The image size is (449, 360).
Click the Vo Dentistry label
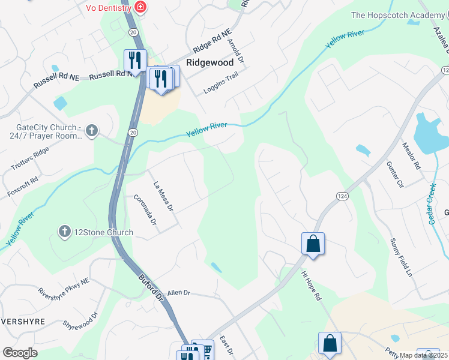pos(108,8)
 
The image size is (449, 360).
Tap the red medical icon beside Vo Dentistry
pos(140,7)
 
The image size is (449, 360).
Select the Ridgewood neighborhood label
pos(209,62)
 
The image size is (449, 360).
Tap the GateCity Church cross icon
pos(91,130)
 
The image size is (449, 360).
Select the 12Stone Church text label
pos(95,232)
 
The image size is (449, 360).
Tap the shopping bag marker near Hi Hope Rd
pos(313,244)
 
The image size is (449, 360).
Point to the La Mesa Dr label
pos(163,197)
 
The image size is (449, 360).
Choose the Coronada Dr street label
pos(145,209)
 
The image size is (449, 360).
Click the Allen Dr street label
pos(178,292)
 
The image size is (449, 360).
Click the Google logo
pos(20,352)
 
